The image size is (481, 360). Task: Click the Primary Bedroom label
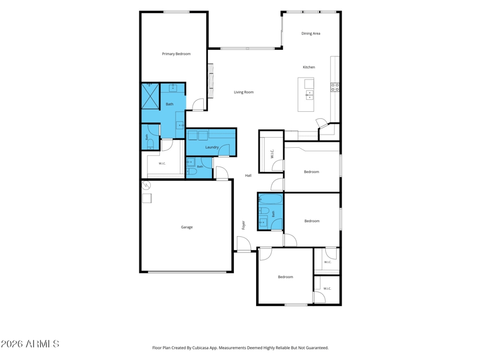pos(176,54)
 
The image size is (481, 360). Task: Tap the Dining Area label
pos(311,34)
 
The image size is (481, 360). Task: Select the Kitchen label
pos(309,67)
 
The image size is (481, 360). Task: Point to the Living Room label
pos(244,92)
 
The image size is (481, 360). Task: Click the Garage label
pos(187,227)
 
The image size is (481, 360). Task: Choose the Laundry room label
pos(212,147)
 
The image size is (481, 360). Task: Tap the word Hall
pos(248,175)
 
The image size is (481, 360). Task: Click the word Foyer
pos(244,225)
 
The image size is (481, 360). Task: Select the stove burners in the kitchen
pos(335,87)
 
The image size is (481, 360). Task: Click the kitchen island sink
pos(310,95)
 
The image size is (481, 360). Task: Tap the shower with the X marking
pos(150,96)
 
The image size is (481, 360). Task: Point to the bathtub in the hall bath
pos(270,200)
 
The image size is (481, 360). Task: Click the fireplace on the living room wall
pos(211,81)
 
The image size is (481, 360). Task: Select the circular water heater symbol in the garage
pos(146,185)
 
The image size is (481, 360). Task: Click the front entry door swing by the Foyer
pos(244,244)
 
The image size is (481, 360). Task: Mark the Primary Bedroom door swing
pos(198,104)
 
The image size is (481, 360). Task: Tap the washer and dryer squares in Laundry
pos(198,135)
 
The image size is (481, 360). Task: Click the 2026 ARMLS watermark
pos(29,344)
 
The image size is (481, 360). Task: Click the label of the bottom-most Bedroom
pos(286,277)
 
